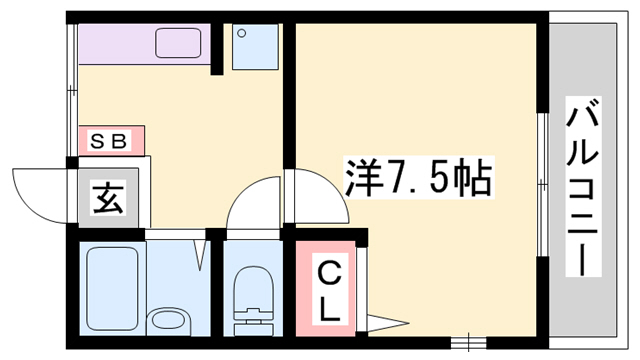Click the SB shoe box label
coord(110,141)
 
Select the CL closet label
coord(327,287)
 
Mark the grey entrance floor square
coord(106,200)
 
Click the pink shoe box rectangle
coord(111,141)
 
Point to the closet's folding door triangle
coord(384,322)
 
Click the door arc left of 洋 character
coord(318,200)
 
